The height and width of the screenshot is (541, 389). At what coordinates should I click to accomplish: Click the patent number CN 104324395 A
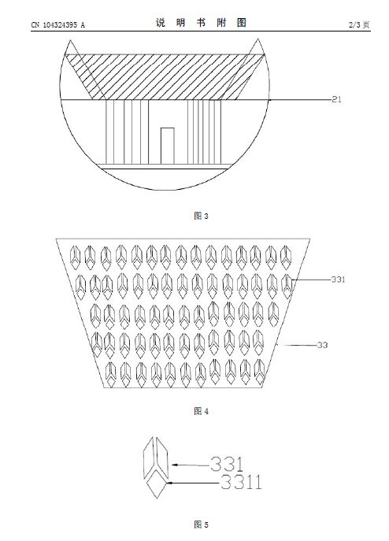[57, 25]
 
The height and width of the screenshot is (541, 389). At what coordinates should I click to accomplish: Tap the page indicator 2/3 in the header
[354, 25]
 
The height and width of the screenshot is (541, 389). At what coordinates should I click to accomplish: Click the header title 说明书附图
[201, 23]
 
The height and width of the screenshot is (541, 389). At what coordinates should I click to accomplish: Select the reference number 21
[336, 100]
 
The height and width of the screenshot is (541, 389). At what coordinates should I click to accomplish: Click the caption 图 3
[202, 216]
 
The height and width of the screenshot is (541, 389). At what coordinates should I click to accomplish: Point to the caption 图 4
[202, 411]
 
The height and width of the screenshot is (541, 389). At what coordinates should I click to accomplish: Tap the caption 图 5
[202, 524]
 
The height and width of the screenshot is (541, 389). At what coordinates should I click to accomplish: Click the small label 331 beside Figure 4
[339, 280]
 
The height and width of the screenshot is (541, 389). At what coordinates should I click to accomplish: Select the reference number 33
[322, 345]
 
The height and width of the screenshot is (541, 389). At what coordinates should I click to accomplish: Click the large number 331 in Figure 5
[227, 464]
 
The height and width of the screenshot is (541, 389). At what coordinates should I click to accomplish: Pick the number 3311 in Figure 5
[241, 482]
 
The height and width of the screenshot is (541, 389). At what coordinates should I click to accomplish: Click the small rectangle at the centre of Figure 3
[168, 146]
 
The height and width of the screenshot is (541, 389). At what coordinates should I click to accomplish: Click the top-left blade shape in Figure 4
[76, 258]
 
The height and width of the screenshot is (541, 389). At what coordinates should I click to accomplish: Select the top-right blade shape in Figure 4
[286, 258]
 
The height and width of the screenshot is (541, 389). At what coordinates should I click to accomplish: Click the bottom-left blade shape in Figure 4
[110, 374]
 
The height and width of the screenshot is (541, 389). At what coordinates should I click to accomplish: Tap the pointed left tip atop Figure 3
[70, 40]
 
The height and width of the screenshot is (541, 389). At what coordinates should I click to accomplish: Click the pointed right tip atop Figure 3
[257, 39]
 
